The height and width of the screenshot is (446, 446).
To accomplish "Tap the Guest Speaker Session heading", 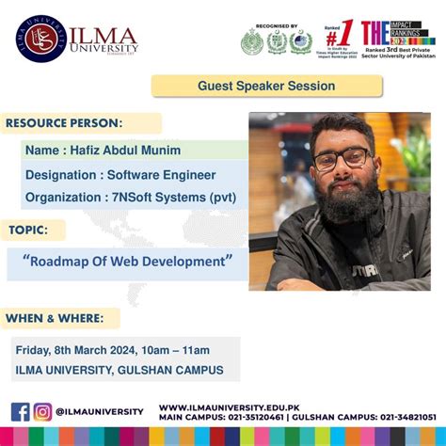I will [266, 86].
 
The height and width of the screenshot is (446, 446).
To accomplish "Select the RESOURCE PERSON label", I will [65, 123].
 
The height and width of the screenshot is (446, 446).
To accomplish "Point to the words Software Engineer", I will [161, 174].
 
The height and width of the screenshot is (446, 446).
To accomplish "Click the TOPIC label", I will [31, 230].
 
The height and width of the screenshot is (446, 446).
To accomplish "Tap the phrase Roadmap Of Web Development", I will [127, 259].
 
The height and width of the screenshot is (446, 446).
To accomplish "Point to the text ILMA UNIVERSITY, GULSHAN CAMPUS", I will [119, 370].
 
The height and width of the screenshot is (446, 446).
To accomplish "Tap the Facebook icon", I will [21, 411].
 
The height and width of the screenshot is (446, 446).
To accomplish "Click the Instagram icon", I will [43, 411].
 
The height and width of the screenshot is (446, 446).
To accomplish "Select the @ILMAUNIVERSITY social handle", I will [100, 412].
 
